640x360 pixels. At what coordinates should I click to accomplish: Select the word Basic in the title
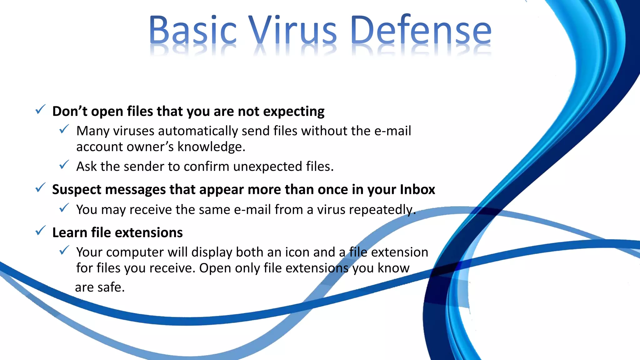192,30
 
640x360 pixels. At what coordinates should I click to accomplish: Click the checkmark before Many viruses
64,129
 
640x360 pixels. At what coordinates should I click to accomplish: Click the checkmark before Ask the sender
64,165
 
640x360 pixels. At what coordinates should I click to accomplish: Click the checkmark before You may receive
64,208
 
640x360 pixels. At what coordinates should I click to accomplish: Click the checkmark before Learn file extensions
40,231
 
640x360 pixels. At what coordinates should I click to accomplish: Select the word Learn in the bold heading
69,233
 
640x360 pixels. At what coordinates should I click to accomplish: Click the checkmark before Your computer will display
64,250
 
